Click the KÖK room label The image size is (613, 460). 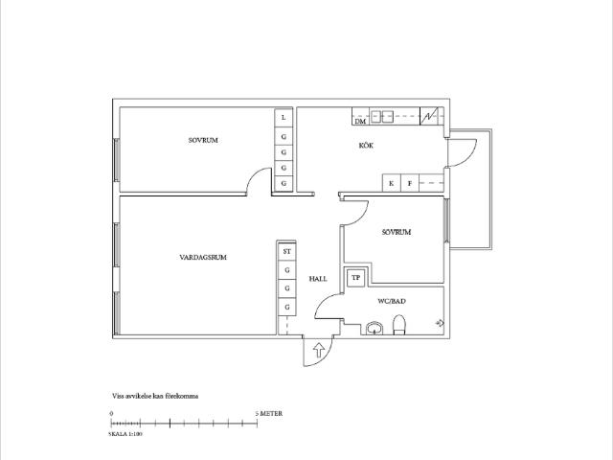coord(366,146)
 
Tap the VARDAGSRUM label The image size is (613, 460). coord(203,258)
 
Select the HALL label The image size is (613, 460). coord(318,279)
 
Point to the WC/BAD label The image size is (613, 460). coord(392,301)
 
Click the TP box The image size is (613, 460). coord(355,278)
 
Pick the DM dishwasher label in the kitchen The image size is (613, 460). coord(360,122)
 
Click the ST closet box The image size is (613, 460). coord(287,251)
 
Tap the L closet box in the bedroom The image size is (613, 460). coord(284,118)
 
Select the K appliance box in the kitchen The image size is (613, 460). coord(392,183)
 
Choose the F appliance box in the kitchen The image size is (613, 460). coord(410,183)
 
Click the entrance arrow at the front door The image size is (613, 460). coord(319,350)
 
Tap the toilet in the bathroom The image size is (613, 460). coord(399,325)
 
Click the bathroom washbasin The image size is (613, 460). coord(375,328)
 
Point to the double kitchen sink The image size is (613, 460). coord(381,116)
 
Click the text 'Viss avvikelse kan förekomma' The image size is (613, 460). coord(155,396)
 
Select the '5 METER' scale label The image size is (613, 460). coord(269,413)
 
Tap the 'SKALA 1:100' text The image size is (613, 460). coord(125,434)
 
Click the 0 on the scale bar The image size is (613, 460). coord(111,413)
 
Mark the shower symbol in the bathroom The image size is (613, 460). coord(440,323)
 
